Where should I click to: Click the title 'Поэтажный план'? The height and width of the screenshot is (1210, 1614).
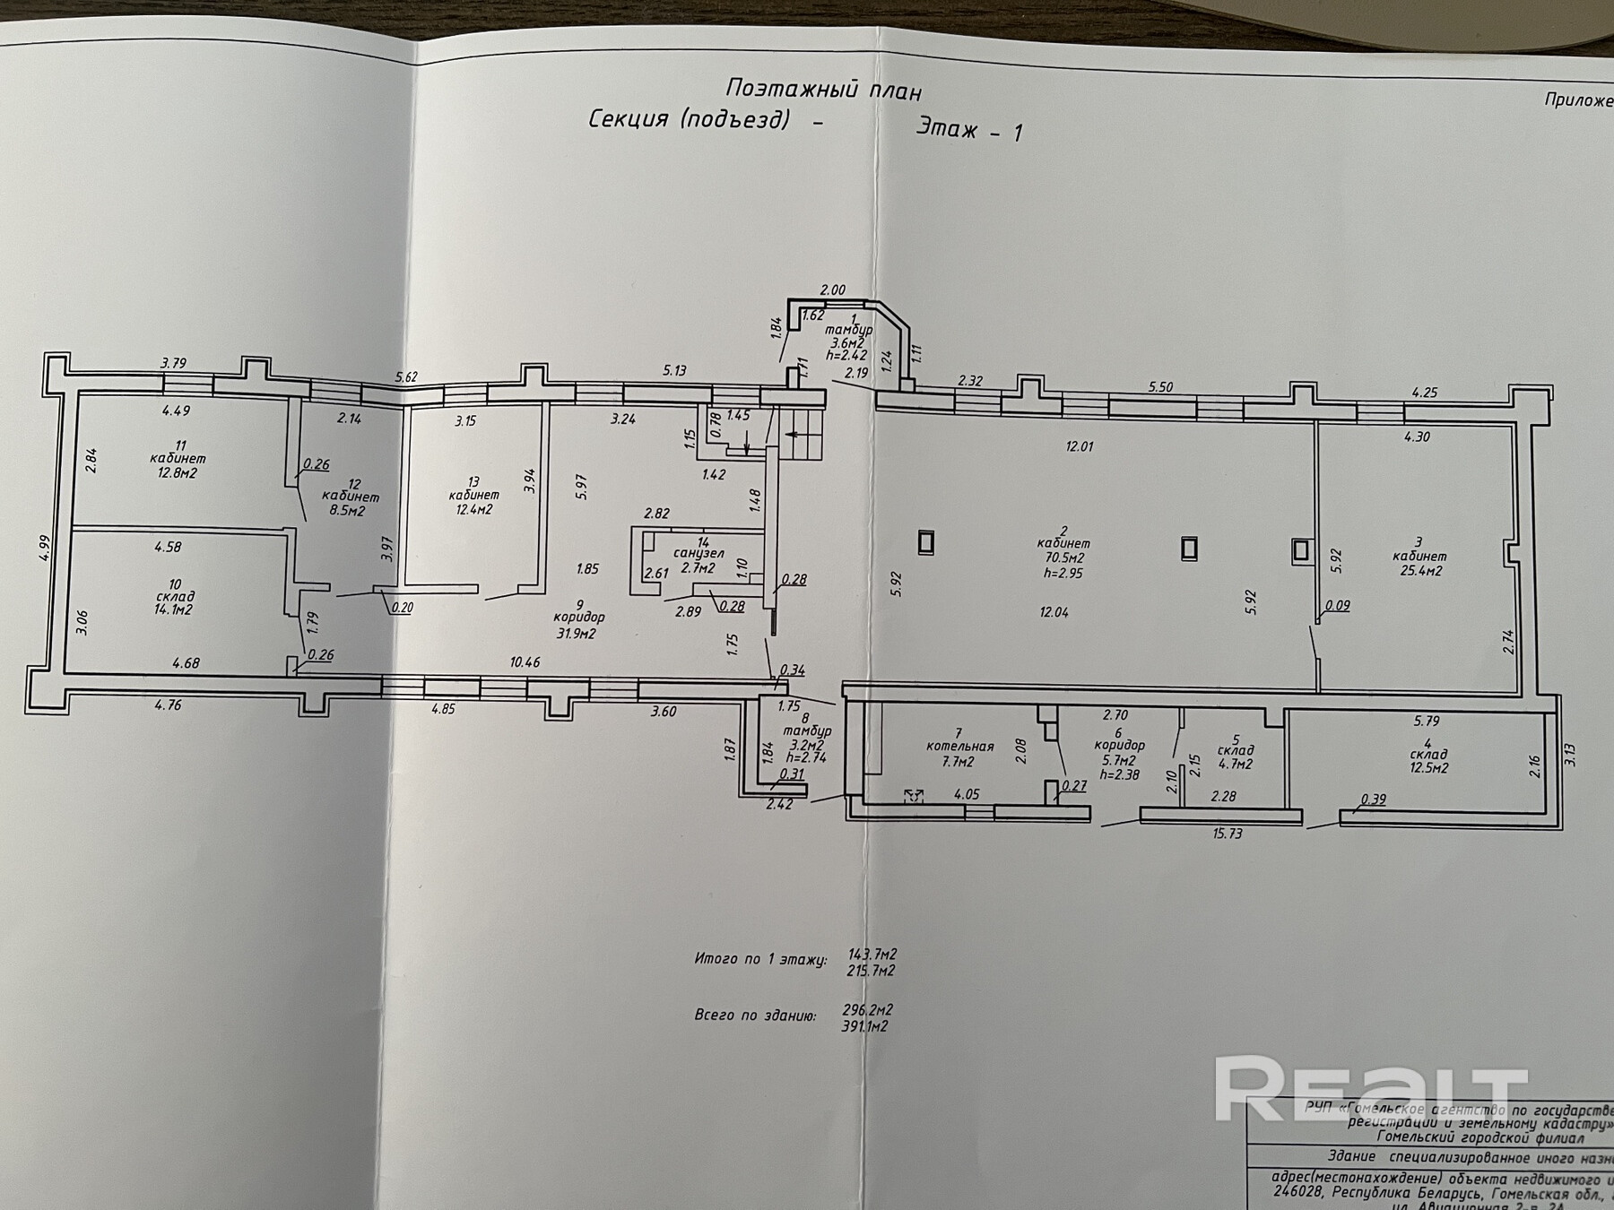pyautogui.click(x=823, y=90)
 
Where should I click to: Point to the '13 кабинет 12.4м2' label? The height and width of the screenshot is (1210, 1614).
pyautogui.click(x=474, y=495)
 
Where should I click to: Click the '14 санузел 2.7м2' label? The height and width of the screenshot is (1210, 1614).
pyautogui.click(x=703, y=555)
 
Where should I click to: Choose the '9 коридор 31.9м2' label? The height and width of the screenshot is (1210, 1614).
pyautogui.click(x=580, y=618)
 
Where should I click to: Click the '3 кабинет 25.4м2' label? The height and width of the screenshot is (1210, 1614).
pyautogui.click(x=1417, y=556)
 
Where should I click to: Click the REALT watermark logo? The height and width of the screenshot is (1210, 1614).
pyautogui.click(x=1372, y=1088)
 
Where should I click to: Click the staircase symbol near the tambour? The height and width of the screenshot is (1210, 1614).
pyautogui.click(x=805, y=436)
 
